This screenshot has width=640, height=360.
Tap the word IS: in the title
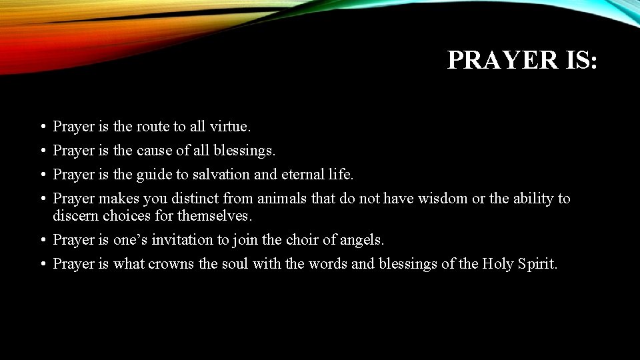click(x=576, y=60)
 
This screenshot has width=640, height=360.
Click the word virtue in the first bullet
click(x=230, y=126)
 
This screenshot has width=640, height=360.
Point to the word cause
click(x=154, y=151)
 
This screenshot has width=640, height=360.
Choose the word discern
click(x=76, y=215)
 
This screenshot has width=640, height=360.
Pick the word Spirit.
click(x=540, y=263)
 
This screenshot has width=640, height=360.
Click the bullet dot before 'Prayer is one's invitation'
click(x=42, y=240)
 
